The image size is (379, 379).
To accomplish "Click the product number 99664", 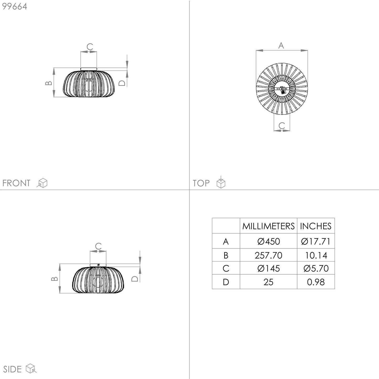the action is click(x=14, y=6).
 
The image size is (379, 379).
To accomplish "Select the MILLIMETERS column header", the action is click(x=269, y=226).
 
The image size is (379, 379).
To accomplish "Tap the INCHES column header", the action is click(x=316, y=226).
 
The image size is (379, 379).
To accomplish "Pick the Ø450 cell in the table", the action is click(x=269, y=241).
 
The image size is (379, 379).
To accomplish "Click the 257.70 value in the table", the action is click(x=269, y=255).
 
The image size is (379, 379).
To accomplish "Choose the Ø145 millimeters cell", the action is click(x=269, y=269).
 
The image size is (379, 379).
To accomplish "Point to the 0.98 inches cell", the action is click(x=316, y=282).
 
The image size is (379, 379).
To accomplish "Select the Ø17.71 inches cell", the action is click(x=316, y=241).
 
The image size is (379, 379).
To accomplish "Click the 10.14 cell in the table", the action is click(x=316, y=255).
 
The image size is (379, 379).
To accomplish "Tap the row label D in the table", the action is click(x=226, y=282).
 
